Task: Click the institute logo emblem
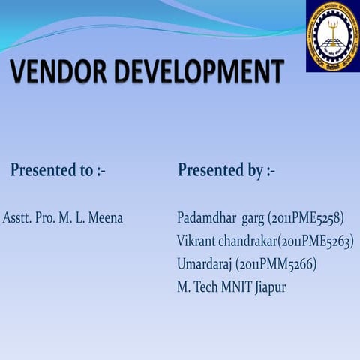click(332, 35)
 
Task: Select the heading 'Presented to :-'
click(58, 171)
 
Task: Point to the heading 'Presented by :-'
click(226, 171)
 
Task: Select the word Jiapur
click(268, 286)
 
